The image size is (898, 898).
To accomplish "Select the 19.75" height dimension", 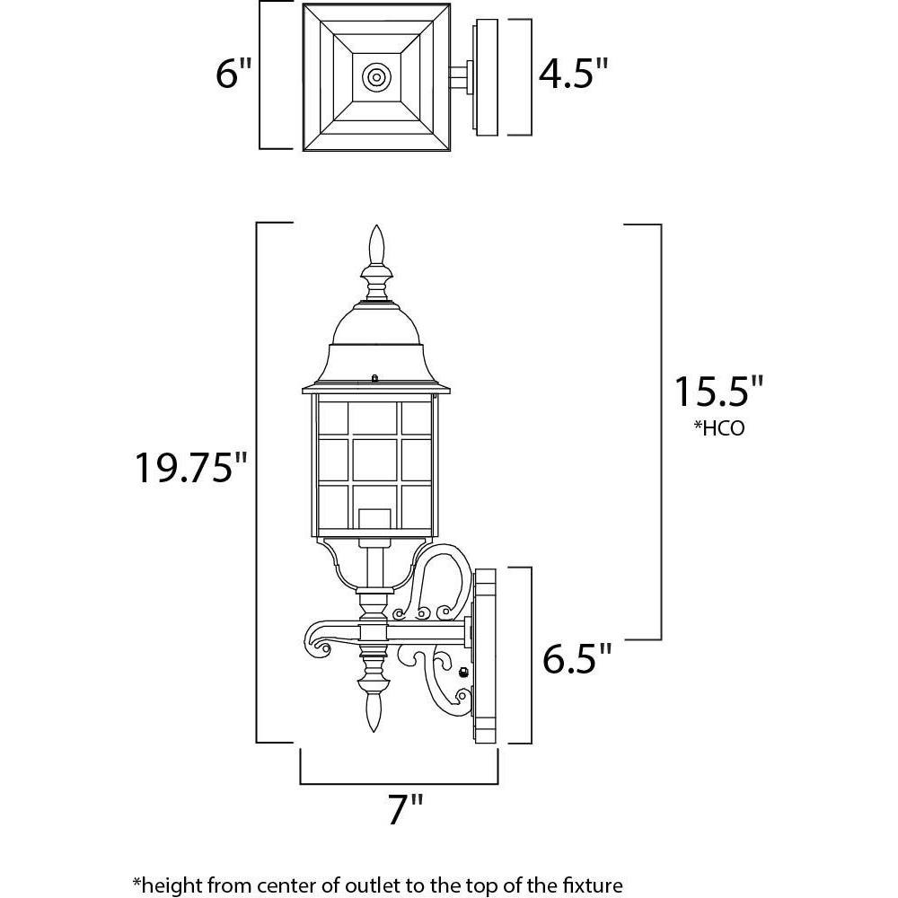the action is click(191, 467).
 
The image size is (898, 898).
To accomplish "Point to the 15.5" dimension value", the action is click(719, 392).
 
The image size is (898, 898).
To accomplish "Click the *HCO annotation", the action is click(718, 428).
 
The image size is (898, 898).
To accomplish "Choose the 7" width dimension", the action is click(405, 809).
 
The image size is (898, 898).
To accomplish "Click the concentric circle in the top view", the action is click(376, 76).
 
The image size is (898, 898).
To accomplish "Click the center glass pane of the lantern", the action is click(374, 459).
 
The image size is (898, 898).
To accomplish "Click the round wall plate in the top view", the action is click(486, 77).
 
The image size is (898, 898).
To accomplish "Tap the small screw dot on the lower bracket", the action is click(463, 671).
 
